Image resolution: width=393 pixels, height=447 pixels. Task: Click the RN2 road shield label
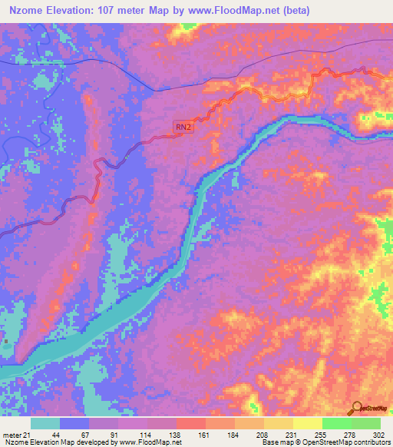(x=183, y=128)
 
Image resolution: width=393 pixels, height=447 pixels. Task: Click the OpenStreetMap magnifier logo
(x=355, y=408)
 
